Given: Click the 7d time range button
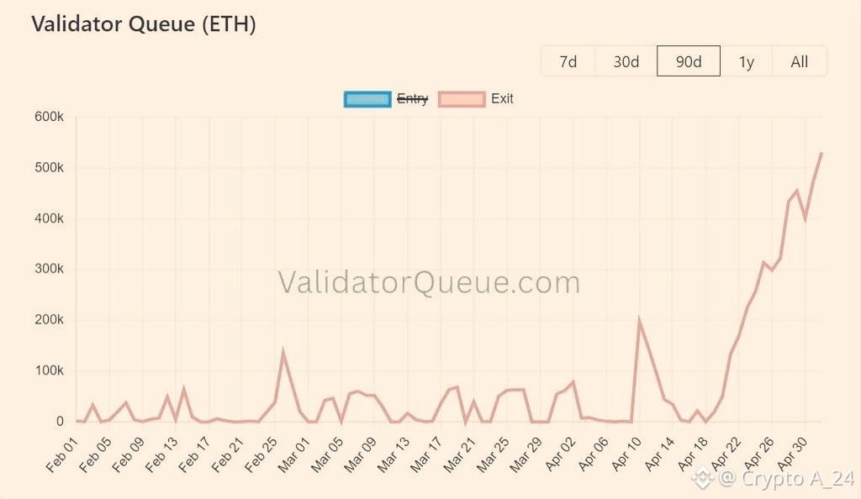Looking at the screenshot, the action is [x=568, y=61].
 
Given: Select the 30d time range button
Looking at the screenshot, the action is [x=626, y=61].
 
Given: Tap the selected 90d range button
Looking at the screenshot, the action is [x=689, y=61].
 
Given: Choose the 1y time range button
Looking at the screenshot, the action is [x=747, y=61].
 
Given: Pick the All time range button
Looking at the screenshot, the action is [x=800, y=61].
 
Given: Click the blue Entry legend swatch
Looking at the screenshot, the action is [x=367, y=99].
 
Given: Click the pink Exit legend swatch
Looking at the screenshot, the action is [x=462, y=99].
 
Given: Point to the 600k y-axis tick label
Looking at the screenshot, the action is [x=49, y=117].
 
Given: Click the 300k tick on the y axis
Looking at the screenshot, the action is [x=49, y=269].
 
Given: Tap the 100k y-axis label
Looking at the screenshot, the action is [x=49, y=370].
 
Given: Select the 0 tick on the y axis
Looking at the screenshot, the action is [x=60, y=422].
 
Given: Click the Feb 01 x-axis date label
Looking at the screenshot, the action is [x=62, y=454].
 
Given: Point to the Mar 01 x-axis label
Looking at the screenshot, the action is [x=293, y=454].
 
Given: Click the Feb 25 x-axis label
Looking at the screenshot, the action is [x=261, y=454].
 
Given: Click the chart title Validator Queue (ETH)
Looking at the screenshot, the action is [x=144, y=24].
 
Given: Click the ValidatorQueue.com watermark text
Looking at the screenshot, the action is [x=429, y=282].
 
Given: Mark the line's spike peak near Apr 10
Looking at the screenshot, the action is [x=640, y=320].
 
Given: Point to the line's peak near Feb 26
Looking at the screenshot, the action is [x=283, y=351].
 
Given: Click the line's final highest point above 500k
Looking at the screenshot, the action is [x=821, y=154].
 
